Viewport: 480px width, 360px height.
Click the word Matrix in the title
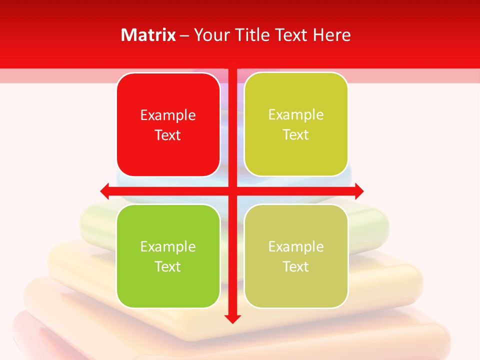pyautogui.click(x=148, y=35)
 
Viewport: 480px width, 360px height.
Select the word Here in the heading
pyautogui.click(x=331, y=35)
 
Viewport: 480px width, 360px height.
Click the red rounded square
pyautogui.click(x=168, y=150)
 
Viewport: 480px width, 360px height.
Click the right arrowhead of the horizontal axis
pyautogui.click(x=358, y=190)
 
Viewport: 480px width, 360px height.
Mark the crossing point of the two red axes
pyautogui.click(x=232, y=190)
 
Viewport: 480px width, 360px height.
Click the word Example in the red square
pyautogui.click(x=168, y=115)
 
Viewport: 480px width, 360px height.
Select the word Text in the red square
pyautogui.click(x=168, y=135)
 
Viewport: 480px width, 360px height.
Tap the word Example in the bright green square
pyautogui.click(x=168, y=246)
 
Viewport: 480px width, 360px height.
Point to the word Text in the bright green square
pyautogui.click(x=168, y=266)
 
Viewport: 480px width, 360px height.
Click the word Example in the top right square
pyautogui.click(x=296, y=115)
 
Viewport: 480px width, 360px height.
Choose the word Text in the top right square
pyautogui.click(x=296, y=134)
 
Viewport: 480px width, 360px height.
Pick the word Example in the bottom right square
pyautogui.click(x=296, y=246)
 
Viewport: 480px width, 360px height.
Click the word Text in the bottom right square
pyautogui.click(x=296, y=266)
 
